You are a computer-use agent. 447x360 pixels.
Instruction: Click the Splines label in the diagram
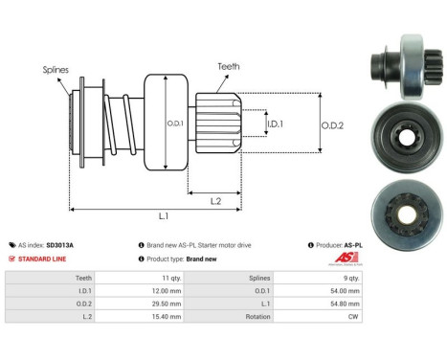(56, 70)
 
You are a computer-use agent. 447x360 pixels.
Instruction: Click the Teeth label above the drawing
(229, 66)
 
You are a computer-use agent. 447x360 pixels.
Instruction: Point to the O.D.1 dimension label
(175, 124)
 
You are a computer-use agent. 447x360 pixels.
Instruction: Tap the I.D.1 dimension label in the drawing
(275, 124)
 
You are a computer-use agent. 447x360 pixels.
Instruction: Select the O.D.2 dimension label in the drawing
(332, 125)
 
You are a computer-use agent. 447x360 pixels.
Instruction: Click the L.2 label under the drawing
(215, 201)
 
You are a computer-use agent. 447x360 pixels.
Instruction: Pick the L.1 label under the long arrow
(164, 216)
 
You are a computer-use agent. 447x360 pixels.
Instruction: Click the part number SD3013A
(59, 245)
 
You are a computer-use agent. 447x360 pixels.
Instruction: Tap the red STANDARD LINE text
(42, 259)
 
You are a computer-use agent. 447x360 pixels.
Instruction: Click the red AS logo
(346, 258)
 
